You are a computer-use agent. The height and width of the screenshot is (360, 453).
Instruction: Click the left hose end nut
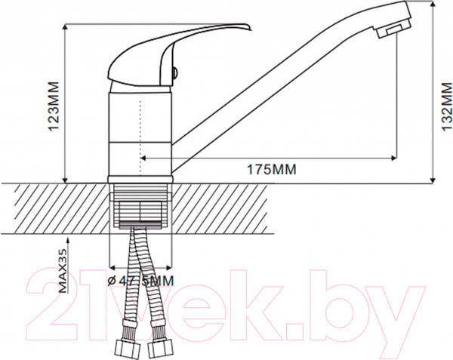pyautogui.click(x=129, y=347)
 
